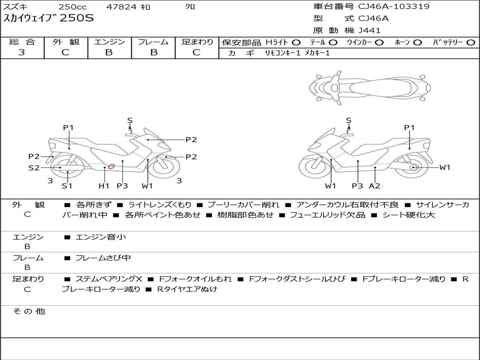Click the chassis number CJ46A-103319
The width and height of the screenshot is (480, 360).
coord(394,7)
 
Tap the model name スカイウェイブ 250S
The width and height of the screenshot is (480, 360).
coord(48,18)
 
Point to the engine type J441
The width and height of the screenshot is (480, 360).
coord(369,30)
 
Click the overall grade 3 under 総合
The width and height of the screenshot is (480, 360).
coord(22,52)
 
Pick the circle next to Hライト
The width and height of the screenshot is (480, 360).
coord(296,43)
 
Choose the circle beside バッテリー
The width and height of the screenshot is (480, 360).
coord(471,43)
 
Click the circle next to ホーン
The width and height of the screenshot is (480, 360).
coord(418,43)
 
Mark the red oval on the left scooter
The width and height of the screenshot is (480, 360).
coord(111,166)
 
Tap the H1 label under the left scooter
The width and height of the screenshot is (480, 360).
coord(104,186)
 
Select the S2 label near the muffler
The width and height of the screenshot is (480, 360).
coord(34,168)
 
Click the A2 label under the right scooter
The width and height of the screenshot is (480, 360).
coord(375,186)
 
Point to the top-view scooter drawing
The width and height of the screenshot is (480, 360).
coord(370,88)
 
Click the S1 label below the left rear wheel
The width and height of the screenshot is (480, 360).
coord(67,186)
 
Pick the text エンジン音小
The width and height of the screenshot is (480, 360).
coord(101,237)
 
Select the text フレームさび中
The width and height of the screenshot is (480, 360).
coord(103,258)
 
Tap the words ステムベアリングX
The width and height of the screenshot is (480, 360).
coord(109,279)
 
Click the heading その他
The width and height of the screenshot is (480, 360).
coord(29,311)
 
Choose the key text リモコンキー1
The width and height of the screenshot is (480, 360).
coord(283,53)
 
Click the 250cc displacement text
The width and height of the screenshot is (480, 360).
coord(73,7)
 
